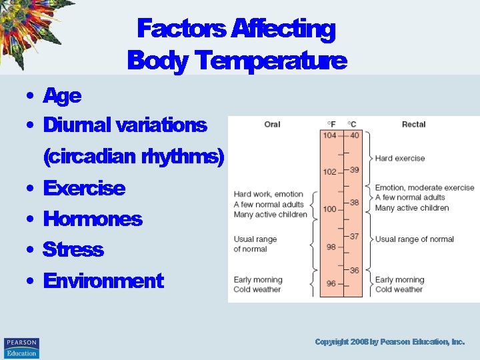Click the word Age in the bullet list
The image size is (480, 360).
click(62, 96)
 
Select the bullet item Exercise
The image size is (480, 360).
click(83, 188)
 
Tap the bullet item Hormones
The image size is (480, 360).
click(92, 219)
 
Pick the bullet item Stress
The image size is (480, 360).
click(73, 249)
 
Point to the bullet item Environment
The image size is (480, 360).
click(103, 281)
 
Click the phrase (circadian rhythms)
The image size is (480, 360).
click(133, 157)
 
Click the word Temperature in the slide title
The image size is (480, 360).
click(272, 61)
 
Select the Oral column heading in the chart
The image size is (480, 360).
click(272, 125)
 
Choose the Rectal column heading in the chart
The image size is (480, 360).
click(413, 125)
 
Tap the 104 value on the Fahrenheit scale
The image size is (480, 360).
click(330, 135)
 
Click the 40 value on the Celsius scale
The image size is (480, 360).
click(354, 135)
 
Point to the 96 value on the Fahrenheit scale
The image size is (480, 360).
click(330, 283)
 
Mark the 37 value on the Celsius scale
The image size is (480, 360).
click(354, 237)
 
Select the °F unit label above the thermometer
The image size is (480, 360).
click(331, 125)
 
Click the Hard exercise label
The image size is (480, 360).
click(399, 159)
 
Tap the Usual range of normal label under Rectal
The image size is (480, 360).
click(414, 239)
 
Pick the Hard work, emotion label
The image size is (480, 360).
click(268, 195)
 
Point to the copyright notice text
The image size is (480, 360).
click(389, 342)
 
